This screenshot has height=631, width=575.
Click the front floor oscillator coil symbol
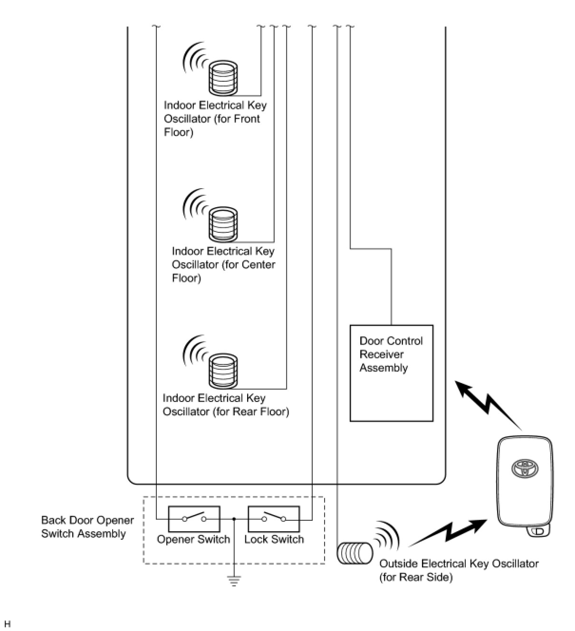(x=223, y=78)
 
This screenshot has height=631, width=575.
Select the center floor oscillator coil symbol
(x=223, y=225)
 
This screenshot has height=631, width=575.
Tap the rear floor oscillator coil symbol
(x=223, y=371)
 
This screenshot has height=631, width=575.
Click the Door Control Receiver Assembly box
(x=392, y=373)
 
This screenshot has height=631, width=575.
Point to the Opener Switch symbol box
(x=194, y=519)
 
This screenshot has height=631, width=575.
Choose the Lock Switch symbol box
(x=274, y=519)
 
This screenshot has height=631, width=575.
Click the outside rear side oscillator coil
(x=355, y=553)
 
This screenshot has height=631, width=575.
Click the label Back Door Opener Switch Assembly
(x=87, y=527)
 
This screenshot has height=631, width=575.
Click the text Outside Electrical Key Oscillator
(x=459, y=564)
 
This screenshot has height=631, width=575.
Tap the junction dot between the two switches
(x=234, y=519)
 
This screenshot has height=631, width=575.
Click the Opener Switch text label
(x=193, y=539)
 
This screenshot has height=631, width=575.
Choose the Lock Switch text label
(x=274, y=539)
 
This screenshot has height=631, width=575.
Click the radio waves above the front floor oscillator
(x=196, y=57)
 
